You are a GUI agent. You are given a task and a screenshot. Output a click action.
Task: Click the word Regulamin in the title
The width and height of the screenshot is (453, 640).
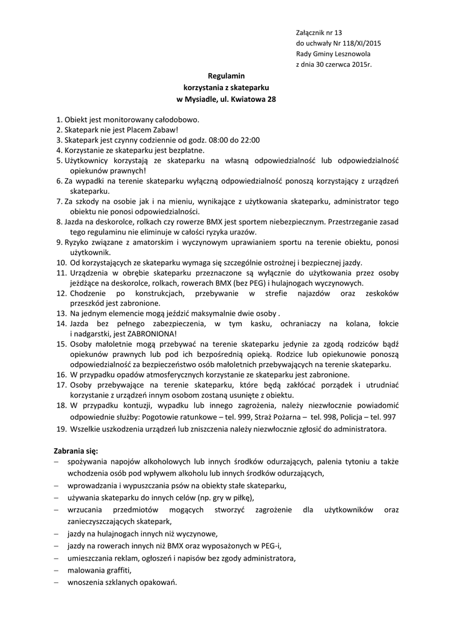coord(226,76)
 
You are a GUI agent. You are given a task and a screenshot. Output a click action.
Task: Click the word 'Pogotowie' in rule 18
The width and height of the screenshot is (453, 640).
coord(181,416)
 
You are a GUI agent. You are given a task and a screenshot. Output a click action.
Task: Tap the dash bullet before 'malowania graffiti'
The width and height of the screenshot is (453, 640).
coord(56,570)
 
